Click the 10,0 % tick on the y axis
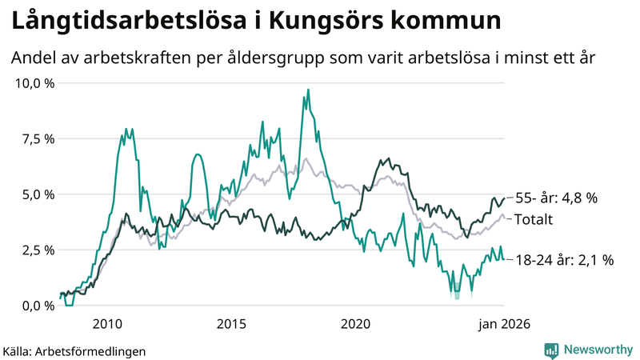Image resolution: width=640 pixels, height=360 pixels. (33, 83)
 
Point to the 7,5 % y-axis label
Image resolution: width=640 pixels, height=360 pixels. (36, 138)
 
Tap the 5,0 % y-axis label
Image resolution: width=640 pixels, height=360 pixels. (36, 194)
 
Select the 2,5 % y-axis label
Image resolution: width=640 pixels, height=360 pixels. (36, 250)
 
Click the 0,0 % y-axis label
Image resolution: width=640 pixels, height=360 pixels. (36, 306)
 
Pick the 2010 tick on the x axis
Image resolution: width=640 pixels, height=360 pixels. (107, 324)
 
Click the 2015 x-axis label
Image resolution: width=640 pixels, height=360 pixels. (231, 324)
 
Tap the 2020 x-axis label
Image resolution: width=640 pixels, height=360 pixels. (355, 324)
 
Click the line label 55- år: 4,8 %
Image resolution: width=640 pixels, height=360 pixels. (555, 198)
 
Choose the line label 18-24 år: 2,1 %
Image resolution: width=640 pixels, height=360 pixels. (564, 260)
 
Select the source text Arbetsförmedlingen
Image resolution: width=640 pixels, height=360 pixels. (91, 350)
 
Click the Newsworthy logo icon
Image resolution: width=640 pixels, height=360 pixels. (551, 350)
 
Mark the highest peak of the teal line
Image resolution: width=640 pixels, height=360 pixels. (308, 90)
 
